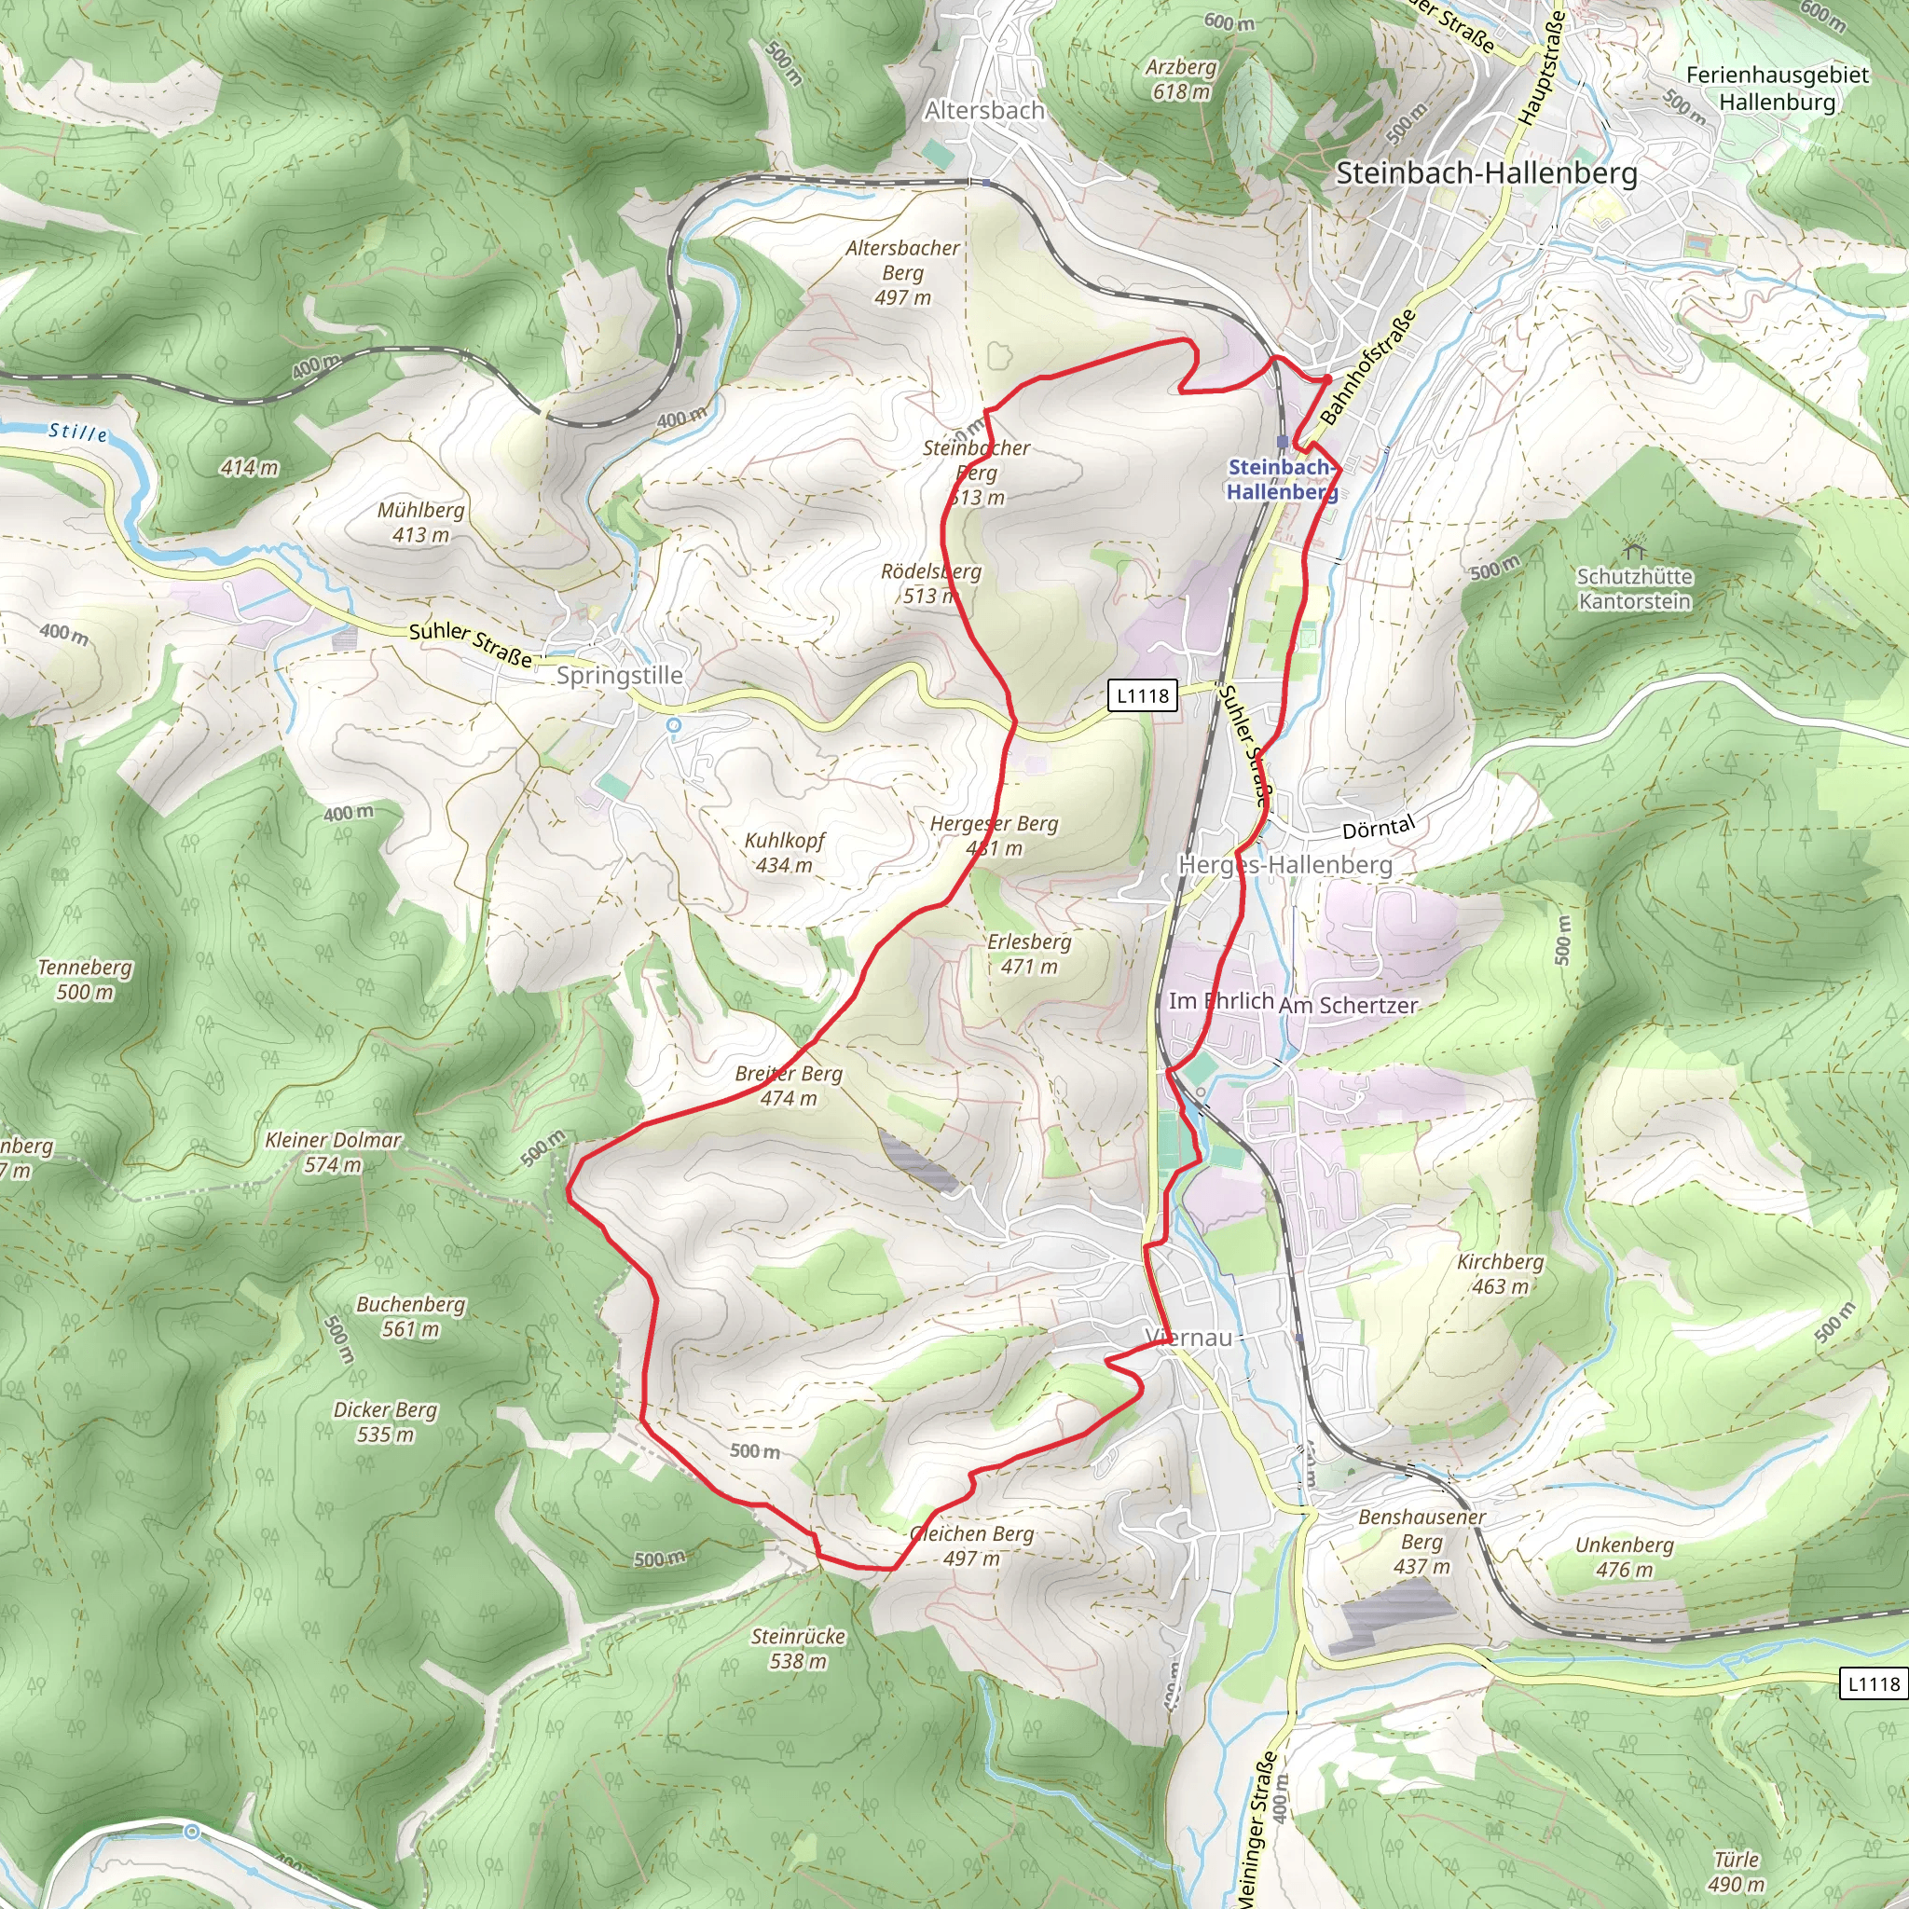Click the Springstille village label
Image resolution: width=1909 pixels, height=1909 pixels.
620,675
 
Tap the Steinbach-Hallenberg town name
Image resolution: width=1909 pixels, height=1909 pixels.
1486,173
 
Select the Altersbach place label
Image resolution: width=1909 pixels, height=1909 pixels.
984,111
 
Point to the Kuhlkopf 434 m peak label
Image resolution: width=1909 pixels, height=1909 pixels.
785,852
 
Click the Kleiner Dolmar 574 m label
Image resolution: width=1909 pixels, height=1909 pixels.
333,1152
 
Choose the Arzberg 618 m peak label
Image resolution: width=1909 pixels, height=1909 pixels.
1181,79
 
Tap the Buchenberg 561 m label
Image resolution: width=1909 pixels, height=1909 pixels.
411,1316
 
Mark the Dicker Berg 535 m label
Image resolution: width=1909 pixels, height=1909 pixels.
385,1421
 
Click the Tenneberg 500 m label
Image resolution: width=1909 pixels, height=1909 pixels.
85,980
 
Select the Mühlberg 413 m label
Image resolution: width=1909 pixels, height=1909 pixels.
421,522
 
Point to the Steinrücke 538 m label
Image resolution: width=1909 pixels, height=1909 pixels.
799,1648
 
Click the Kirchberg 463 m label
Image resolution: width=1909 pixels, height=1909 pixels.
1500,1273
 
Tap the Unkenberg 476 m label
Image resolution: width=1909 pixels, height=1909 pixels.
1625,1557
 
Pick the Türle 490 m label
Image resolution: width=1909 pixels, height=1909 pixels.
1736,1872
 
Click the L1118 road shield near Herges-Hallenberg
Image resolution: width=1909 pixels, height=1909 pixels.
1143,695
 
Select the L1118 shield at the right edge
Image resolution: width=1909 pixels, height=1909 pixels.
1874,1683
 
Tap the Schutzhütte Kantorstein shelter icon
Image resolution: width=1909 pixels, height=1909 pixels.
1632,547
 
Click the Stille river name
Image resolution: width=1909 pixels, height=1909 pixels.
78,432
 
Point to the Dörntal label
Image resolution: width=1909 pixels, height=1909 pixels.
1379,828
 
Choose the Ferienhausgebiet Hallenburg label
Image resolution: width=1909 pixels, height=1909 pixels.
1778,88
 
